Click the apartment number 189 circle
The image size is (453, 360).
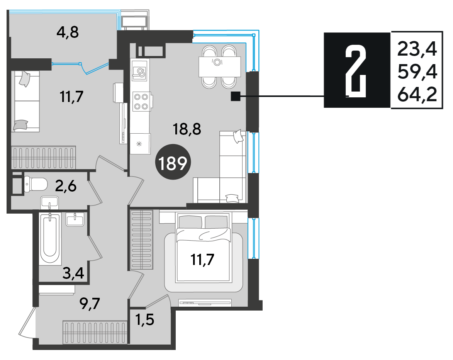click(x=173, y=162)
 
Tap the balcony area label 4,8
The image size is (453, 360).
click(x=68, y=32)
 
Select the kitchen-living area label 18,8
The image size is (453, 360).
click(x=187, y=129)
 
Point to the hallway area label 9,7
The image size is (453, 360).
click(x=90, y=303)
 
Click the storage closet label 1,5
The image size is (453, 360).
click(x=145, y=319)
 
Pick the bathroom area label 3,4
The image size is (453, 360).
click(x=73, y=273)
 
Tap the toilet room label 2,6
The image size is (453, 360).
click(x=66, y=186)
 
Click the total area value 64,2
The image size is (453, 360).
click(x=417, y=94)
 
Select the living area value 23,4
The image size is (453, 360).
click(x=417, y=49)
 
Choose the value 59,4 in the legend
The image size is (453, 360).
click(x=417, y=72)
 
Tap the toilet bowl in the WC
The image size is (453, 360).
click(x=36, y=184)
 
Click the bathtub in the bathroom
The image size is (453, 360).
click(x=50, y=239)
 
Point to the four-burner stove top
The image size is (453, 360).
click(x=141, y=102)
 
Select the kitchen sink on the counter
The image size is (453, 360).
click(x=140, y=72)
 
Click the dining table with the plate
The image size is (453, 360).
click(x=220, y=67)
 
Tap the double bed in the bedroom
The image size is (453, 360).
click(x=204, y=247)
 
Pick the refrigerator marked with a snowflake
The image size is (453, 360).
click(x=140, y=144)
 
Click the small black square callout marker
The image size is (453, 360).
click(x=236, y=96)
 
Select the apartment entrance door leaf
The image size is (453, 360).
click(x=27, y=323)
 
